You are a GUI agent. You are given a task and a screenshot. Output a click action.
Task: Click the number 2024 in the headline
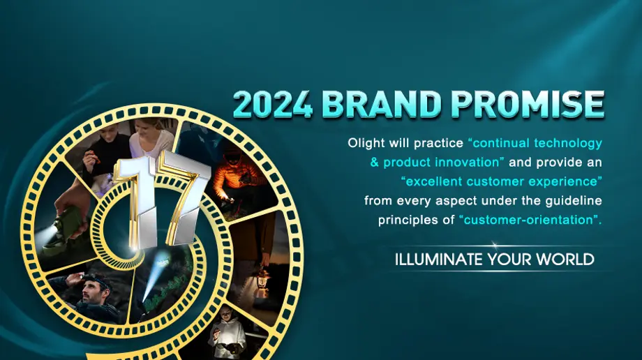click(272, 104)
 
